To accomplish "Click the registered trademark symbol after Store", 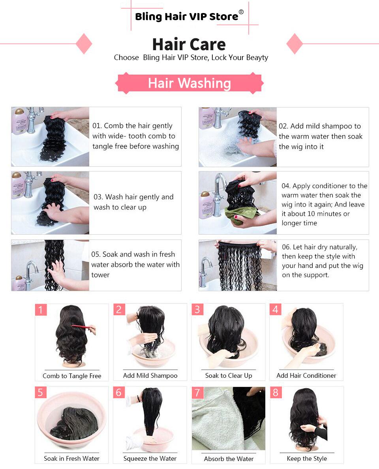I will click(241, 12).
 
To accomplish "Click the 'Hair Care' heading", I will click(189, 44).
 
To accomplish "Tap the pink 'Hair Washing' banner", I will click(189, 83).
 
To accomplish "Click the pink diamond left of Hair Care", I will click(84, 43).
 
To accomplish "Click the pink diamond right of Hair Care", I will click(295, 43).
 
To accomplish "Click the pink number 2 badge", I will click(119, 309).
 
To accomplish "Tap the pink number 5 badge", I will click(41, 392).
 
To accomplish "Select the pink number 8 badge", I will click(276, 392).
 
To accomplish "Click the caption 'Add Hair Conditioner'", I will click(306, 375).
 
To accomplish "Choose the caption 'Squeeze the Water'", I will click(150, 458).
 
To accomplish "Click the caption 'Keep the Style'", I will click(307, 458).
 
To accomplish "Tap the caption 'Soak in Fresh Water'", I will click(71, 458).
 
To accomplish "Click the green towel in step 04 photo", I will click(238, 215).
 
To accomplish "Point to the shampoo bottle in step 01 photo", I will click(19, 121).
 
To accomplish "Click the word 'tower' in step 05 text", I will click(100, 275).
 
